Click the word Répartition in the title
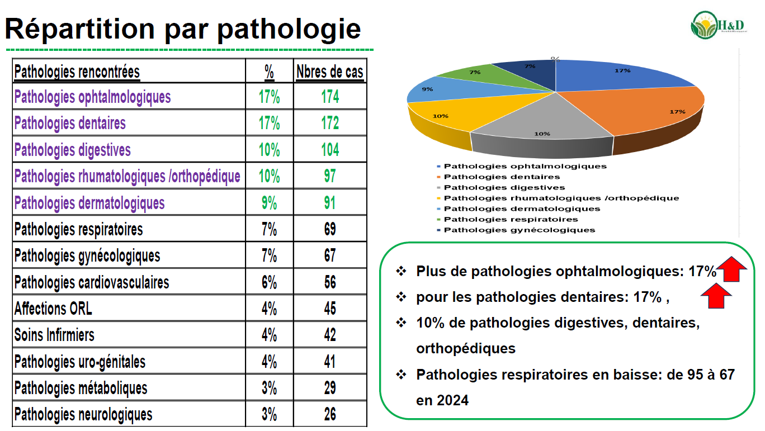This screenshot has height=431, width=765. coord(78,28)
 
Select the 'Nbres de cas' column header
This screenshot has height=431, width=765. coord(329,72)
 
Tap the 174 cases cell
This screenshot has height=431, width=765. coord(330,97)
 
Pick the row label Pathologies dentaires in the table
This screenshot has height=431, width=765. coord(70,123)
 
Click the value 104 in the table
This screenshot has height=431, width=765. coord(330,150)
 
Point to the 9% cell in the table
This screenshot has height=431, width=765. coord(269,202)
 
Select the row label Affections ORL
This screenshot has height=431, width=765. coord(53,309)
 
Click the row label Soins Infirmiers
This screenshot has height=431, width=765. coord(54,335)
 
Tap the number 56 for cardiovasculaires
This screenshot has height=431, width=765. coord(330,282)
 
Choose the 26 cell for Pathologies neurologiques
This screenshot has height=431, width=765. coord(330,414)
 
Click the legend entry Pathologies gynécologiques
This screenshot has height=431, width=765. coord(519,230)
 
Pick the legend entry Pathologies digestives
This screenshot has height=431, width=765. coord(504,187)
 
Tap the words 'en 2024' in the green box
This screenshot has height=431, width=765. coord(442,400)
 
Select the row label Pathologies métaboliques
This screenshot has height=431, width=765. coord(81,388)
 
